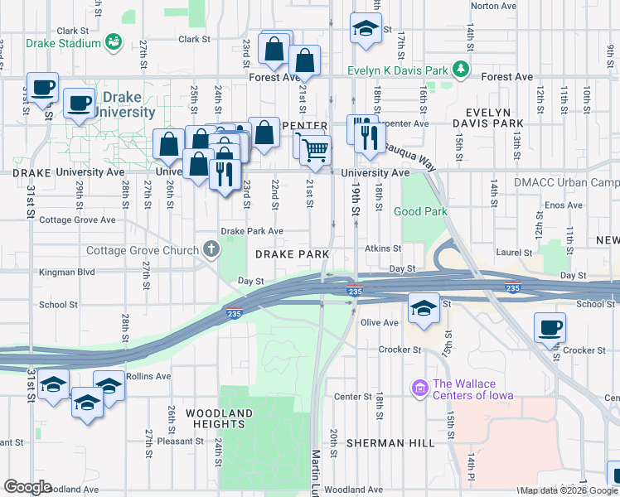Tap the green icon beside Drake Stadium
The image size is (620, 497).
[114, 41]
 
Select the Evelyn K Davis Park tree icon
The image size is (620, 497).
[460, 70]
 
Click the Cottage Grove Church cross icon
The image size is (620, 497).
[212, 249]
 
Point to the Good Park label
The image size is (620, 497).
[420, 211]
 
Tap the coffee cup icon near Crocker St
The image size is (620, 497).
[550, 326]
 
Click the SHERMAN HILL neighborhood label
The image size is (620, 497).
[390, 443]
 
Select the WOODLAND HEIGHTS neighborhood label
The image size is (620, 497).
[219, 418]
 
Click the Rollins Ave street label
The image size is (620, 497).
[150, 375]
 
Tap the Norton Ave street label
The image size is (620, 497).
[494, 6]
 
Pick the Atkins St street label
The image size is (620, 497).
[383, 248]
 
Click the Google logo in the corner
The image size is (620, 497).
[27, 487]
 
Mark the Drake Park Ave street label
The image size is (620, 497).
[252, 232]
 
